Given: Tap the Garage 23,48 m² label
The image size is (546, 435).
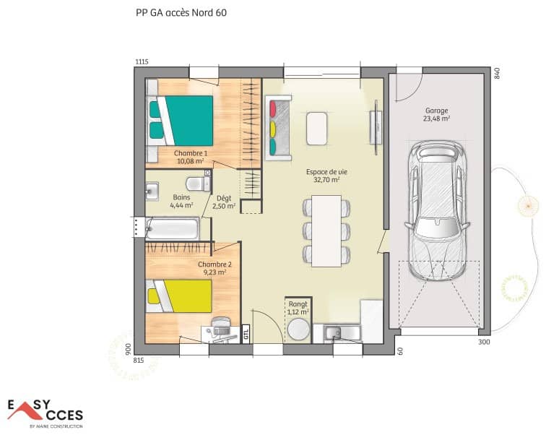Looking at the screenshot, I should (x=436, y=115).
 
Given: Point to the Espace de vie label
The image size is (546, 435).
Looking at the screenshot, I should (x=326, y=176).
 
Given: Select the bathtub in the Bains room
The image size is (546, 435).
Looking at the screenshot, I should (x=171, y=230).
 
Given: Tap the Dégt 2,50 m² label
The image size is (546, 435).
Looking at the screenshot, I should (x=225, y=202).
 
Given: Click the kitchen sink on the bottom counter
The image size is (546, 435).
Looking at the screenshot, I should (x=334, y=333).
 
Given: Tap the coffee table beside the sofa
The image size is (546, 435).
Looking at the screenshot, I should (x=316, y=129).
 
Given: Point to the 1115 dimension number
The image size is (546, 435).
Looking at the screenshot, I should (x=141, y=62).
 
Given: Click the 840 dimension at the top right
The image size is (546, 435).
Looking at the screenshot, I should (x=496, y=73).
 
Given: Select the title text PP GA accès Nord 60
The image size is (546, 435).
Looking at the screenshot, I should (x=175, y=12).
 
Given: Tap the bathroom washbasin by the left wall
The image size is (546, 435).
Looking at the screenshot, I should (x=152, y=191).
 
